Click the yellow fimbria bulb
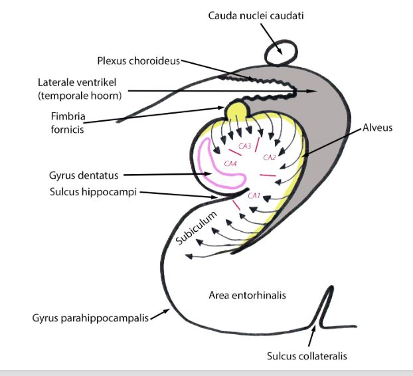(235, 111)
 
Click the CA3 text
(245, 146)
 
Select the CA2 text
(270, 157)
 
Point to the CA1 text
(253, 196)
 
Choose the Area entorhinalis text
(247, 295)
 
